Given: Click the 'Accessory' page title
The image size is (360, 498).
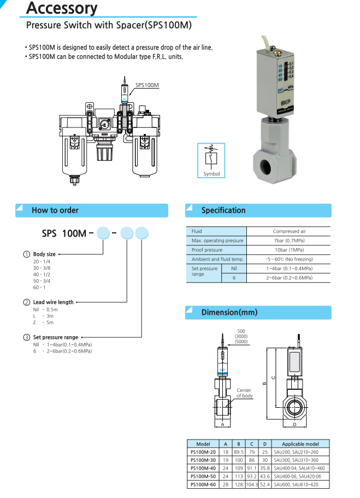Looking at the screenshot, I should tap(61, 9).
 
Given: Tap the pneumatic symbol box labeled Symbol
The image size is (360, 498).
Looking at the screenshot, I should tap(211, 160).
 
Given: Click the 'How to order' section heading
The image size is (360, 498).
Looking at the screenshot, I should tap(55, 210).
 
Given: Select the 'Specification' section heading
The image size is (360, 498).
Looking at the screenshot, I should tap(223, 210).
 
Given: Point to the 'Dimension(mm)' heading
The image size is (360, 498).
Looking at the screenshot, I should tap(229, 313).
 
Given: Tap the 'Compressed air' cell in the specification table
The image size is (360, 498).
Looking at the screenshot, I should tap(289, 231).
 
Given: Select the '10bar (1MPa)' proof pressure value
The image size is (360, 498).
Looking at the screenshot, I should tap(289, 250).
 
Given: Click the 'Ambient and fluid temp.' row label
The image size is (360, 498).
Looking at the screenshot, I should tap(217, 259).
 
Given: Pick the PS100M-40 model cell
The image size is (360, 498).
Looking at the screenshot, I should tap(203, 468).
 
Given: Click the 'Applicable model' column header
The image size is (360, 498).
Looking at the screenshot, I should tap(300, 444).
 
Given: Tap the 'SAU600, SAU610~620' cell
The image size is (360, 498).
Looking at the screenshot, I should tap(300, 485).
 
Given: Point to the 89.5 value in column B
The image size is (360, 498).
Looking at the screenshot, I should tap(238, 452).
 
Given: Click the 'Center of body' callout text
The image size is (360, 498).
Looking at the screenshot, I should tap(244, 393).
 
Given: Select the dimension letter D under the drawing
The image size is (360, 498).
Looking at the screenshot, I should tap(294, 424).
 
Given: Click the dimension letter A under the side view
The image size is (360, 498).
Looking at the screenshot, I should tap(222, 424).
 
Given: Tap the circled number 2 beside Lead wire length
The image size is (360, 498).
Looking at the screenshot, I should tap(26, 302).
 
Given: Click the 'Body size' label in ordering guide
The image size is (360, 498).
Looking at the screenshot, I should tap(44, 254).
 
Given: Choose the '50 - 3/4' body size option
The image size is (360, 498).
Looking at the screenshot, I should tap(42, 280).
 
